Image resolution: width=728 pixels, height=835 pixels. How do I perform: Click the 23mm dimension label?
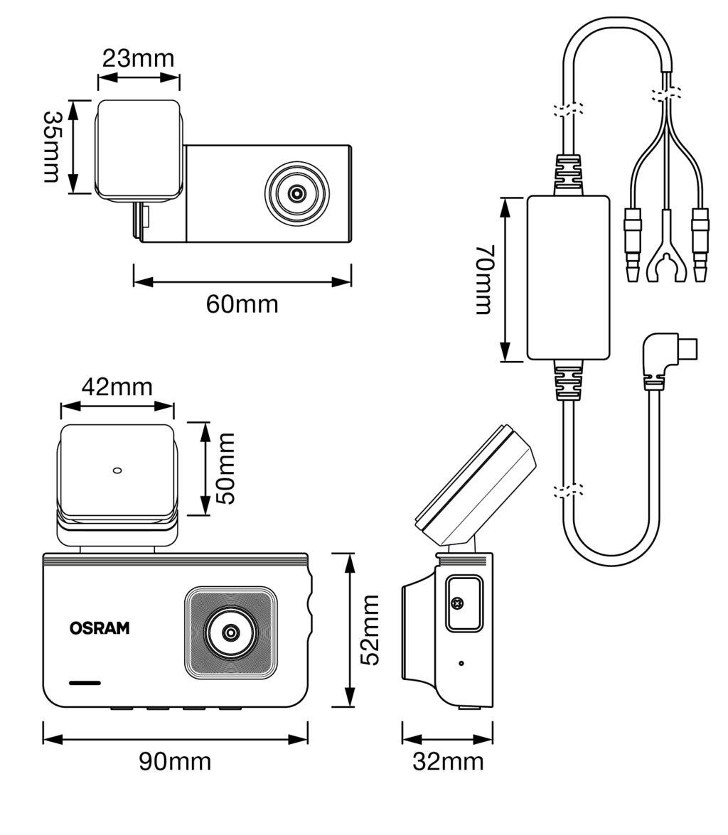pyautogui.click(x=138, y=58)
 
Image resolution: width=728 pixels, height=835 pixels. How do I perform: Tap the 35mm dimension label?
pyautogui.click(x=52, y=146)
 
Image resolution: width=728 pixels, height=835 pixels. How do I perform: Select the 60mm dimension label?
pyautogui.click(x=242, y=304)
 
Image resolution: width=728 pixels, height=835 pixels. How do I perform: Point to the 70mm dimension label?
pyautogui.click(x=484, y=279)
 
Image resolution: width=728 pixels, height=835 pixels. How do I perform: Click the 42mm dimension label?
pyautogui.click(x=117, y=387)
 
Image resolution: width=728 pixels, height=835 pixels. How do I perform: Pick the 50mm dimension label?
pyautogui.click(x=225, y=469)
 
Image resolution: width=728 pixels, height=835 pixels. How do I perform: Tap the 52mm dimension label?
pyautogui.click(x=369, y=630)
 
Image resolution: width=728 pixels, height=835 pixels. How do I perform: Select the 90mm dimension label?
pyautogui.click(x=175, y=761)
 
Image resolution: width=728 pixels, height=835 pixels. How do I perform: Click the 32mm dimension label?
pyautogui.click(x=448, y=761)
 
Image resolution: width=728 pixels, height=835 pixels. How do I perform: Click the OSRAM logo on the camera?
pyautogui.click(x=100, y=628)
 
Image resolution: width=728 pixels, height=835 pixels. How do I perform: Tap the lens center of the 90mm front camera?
pyautogui.click(x=230, y=632)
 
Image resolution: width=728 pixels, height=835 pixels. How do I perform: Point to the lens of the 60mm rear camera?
pyautogui.click(x=297, y=193)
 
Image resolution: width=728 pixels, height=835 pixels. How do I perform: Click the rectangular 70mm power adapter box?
pyautogui.click(x=568, y=278)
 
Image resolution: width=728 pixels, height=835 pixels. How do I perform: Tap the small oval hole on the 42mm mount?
pyautogui.click(x=118, y=470)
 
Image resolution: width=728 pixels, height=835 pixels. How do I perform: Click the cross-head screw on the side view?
pyautogui.click(x=457, y=603)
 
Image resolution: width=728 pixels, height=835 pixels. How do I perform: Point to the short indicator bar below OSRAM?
pyautogui.click(x=85, y=683)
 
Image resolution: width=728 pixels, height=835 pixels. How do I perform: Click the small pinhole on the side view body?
pyautogui.click(x=461, y=663)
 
